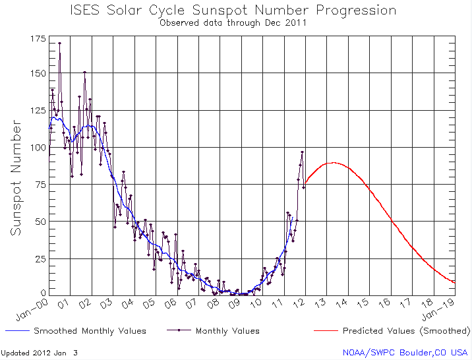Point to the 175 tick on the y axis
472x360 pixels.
38,40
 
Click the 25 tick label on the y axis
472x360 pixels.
40,258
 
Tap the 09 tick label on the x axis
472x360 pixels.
235,303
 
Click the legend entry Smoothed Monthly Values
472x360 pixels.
90,331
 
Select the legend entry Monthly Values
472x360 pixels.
227,331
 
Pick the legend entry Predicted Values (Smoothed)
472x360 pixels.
405,331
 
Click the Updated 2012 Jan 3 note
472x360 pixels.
39,353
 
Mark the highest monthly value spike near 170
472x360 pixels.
59,44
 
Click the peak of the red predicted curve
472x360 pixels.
334,162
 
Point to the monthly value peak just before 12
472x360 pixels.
303,152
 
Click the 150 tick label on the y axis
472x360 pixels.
38,71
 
